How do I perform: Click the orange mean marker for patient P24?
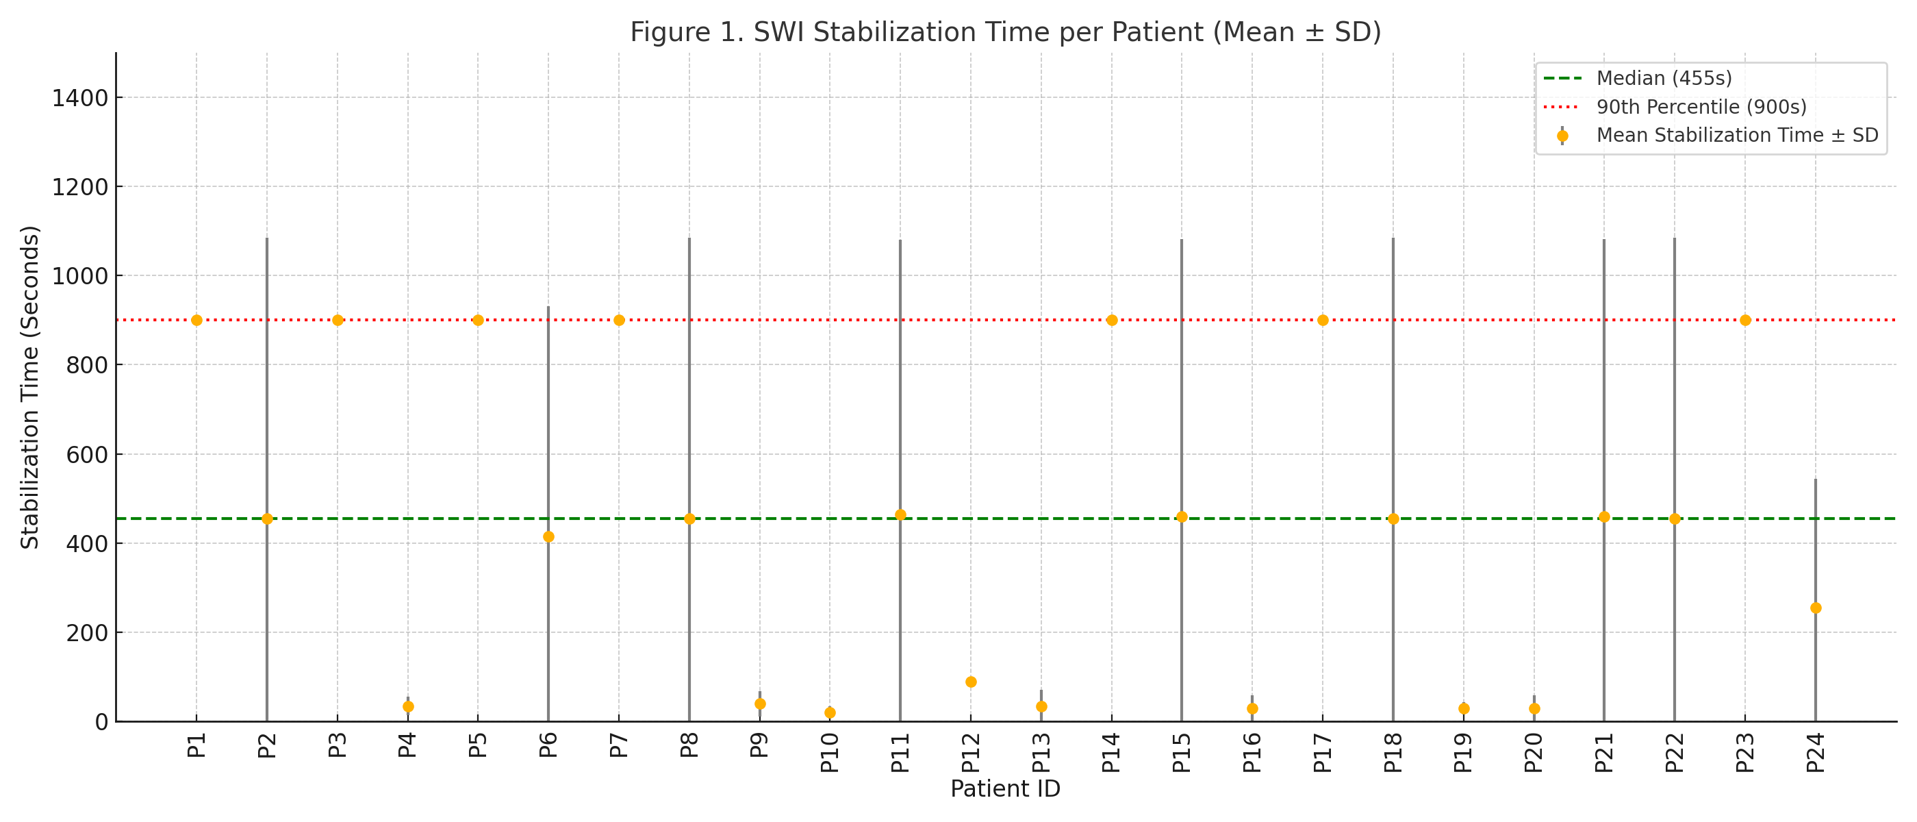(x=1815, y=608)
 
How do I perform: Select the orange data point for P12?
(x=970, y=682)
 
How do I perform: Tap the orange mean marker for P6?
(x=548, y=537)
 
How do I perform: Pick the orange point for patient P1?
(x=196, y=320)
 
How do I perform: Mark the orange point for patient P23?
(x=1745, y=320)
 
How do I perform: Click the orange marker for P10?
(x=830, y=712)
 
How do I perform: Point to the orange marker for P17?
(x=1323, y=320)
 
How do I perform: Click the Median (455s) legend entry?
(x=1664, y=78)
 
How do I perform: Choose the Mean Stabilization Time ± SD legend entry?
(x=1737, y=136)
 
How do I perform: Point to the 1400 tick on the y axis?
(x=79, y=98)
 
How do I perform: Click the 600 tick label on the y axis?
(x=86, y=455)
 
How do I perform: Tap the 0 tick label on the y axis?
(x=101, y=722)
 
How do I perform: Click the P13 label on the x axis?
(x=1041, y=753)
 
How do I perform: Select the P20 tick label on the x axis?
(x=1534, y=753)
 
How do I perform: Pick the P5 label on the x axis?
(x=478, y=745)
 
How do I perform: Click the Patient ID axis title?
(x=1004, y=788)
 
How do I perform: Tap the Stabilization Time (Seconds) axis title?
(x=29, y=387)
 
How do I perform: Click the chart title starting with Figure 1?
(x=1005, y=32)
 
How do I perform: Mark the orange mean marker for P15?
(x=1182, y=516)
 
